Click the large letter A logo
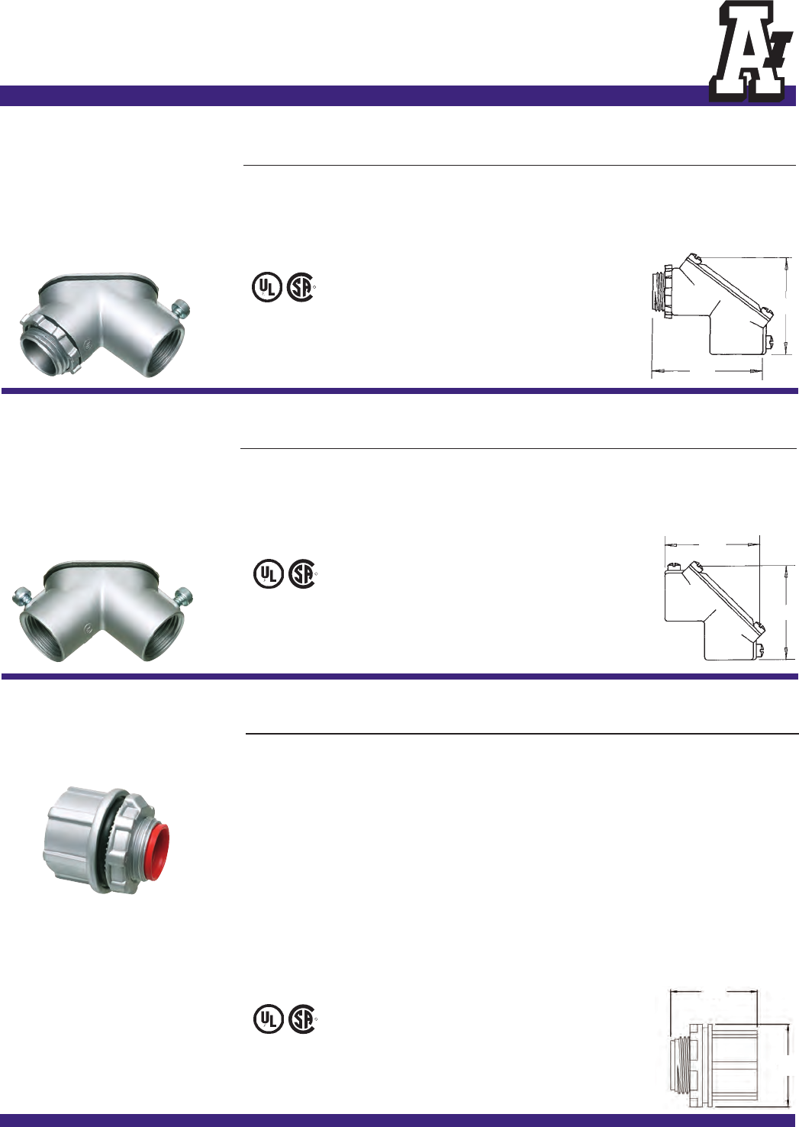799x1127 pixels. tap(747, 51)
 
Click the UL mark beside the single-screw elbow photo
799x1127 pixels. tap(266, 287)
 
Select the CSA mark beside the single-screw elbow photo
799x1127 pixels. tap(300, 287)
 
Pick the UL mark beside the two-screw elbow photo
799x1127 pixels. tap(269, 574)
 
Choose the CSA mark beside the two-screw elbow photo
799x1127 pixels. tap(302, 574)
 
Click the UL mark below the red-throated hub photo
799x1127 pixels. tap(269, 1019)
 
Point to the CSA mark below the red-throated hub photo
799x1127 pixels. tap(302, 1019)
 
